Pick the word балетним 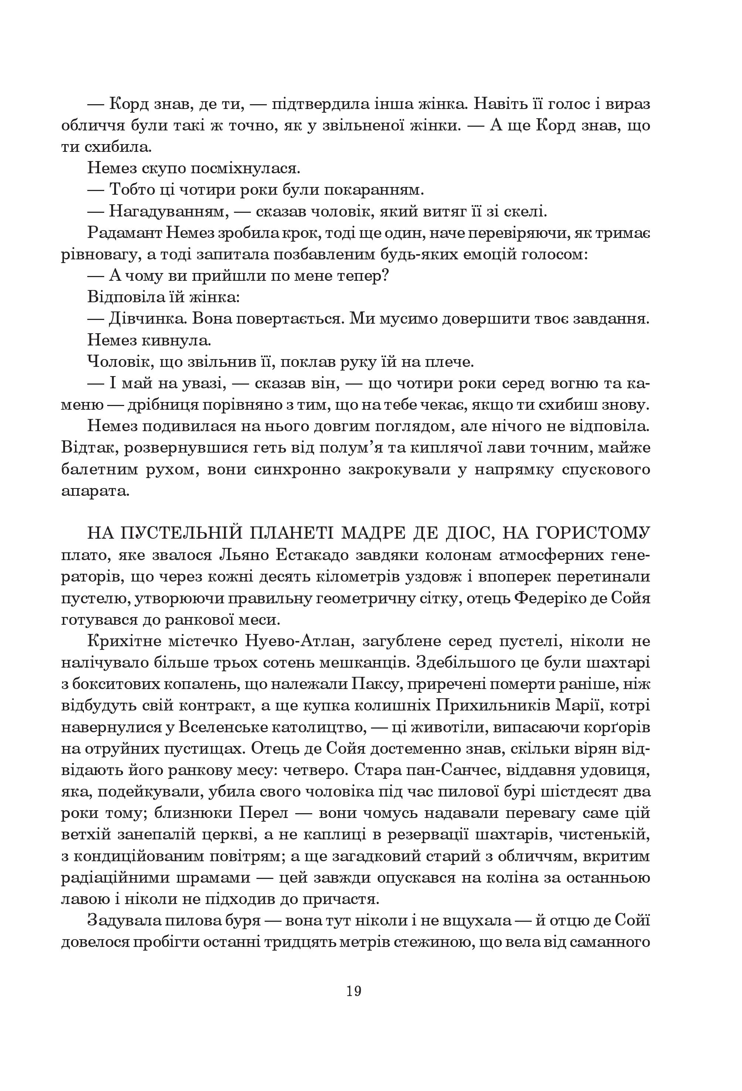pos(105,470)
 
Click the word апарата pos(94,491)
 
